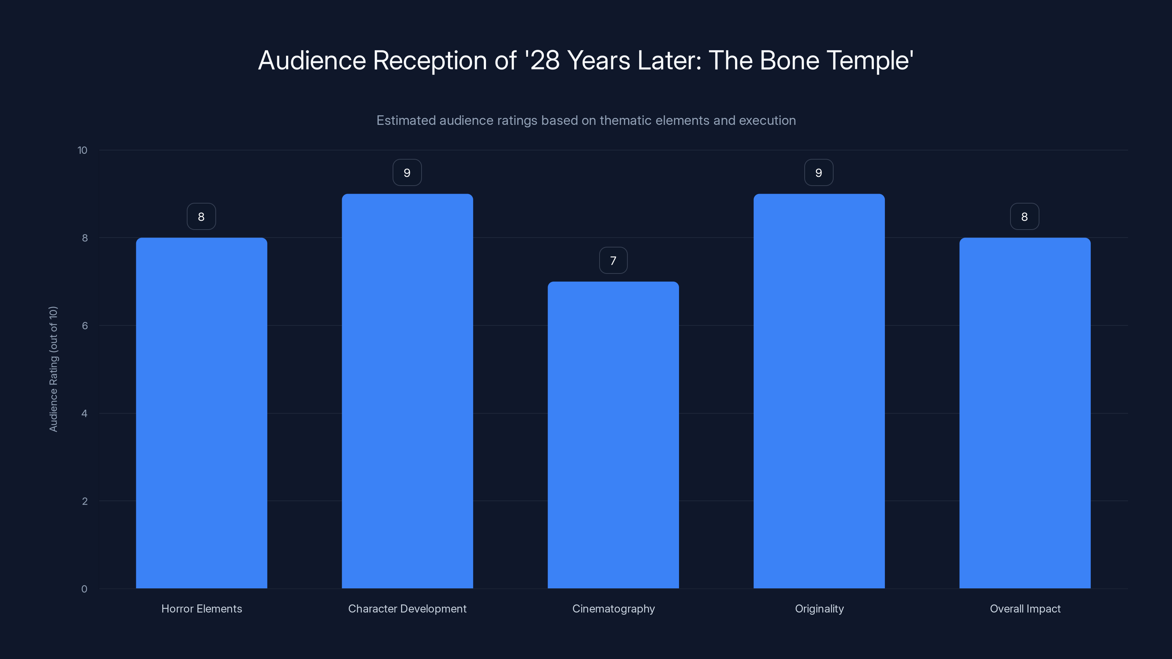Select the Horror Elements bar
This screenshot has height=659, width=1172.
[201, 413]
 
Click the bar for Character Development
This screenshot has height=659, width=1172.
[407, 391]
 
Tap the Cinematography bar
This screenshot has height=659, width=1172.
[613, 435]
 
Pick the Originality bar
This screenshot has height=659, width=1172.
[819, 391]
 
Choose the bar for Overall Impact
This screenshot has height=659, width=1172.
[1025, 413]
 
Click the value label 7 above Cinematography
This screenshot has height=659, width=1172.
[613, 261]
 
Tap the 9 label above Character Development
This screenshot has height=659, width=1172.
[407, 173]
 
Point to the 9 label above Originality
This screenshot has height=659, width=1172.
[819, 173]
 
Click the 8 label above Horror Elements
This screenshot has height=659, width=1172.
[201, 216]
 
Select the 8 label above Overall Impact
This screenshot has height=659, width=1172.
[1025, 216]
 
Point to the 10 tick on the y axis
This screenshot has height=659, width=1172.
[82, 150]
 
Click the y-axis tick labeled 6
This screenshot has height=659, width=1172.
[85, 325]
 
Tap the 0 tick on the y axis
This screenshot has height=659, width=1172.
[84, 589]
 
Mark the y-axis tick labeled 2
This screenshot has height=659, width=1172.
[85, 501]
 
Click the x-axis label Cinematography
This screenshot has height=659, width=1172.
[613, 608]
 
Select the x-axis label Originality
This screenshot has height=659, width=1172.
[819, 608]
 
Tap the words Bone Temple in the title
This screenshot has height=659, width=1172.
[836, 60]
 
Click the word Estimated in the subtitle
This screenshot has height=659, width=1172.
[406, 120]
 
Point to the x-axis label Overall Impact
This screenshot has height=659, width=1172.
[1025, 608]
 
